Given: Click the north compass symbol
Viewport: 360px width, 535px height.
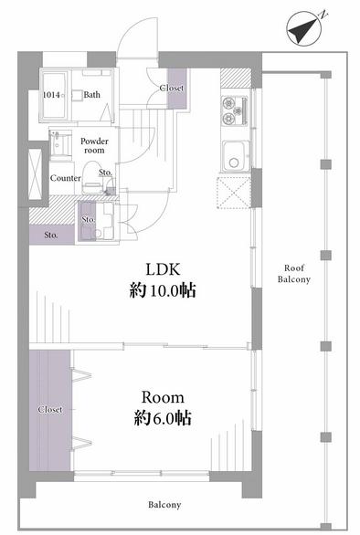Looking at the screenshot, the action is coord(303,28).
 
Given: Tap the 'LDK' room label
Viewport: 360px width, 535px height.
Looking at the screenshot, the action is coord(163,269).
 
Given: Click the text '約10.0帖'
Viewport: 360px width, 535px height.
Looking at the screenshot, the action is coord(163,291).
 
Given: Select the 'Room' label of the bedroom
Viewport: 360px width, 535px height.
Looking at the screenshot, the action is coord(163,397).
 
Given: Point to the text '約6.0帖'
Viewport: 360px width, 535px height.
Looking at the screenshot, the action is coord(163,418).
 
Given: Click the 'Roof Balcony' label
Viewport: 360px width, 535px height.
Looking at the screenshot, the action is coord(294,274).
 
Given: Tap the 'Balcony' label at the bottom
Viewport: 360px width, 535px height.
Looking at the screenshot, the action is coord(164,505).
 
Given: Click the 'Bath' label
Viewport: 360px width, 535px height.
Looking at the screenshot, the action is coord(92,95).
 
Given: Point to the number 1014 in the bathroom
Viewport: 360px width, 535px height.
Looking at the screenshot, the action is coord(51,95).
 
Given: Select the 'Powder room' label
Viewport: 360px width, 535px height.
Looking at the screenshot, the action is coord(94,146).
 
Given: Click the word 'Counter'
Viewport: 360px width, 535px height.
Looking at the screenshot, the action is coord(66,178).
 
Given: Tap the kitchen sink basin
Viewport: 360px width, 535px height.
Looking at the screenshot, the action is coord(234,157).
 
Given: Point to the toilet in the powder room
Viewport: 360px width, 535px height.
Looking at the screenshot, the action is coord(92,178).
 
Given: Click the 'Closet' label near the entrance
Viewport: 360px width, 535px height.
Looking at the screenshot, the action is coord(172,88).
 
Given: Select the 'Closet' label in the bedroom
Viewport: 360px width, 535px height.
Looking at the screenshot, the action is coord(50,409).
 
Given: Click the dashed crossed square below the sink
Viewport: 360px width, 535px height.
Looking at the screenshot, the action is coord(234,192).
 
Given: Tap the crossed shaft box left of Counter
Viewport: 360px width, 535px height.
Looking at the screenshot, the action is coord(35,174).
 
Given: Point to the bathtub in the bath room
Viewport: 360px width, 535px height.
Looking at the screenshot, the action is coord(54,95).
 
